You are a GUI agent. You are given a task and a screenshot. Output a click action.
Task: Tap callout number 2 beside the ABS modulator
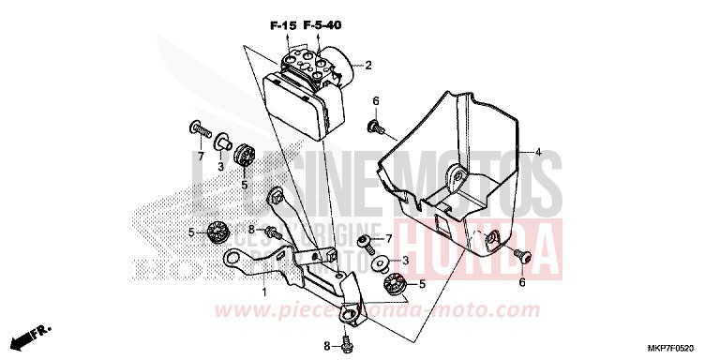pos(368,66)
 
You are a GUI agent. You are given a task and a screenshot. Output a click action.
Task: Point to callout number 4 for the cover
pos(538,152)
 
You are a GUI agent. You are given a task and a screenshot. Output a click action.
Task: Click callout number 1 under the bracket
pos(263,292)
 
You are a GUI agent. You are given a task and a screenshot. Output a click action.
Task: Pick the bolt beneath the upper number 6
pos(373,125)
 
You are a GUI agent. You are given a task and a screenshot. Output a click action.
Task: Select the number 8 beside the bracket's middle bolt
pos(251,230)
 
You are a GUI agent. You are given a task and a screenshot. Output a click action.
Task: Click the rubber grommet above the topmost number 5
pos(247,156)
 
